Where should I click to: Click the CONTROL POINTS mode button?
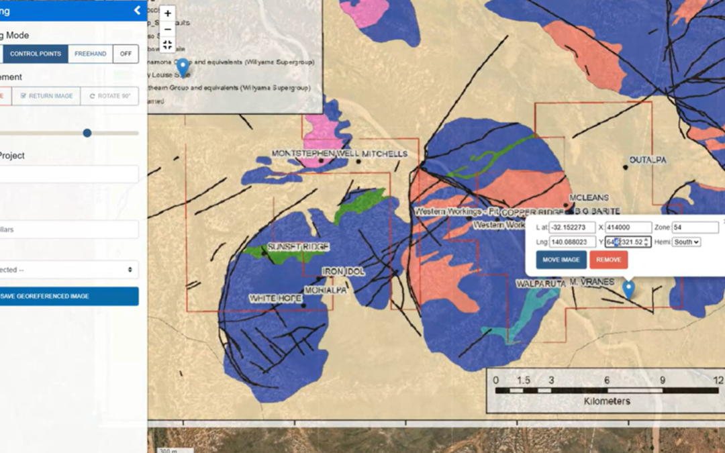click(x=35, y=54)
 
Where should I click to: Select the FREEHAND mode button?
click(x=90, y=54)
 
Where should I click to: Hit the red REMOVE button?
click(x=608, y=260)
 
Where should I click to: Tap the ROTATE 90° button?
click(x=109, y=96)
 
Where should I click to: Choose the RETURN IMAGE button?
click(x=46, y=96)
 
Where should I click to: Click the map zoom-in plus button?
click(x=168, y=13)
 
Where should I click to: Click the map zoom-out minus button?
click(x=168, y=29)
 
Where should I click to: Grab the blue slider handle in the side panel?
click(x=87, y=133)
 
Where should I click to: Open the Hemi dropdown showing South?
click(x=686, y=242)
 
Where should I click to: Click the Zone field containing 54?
click(x=695, y=228)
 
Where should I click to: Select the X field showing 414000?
click(x=628, y=228)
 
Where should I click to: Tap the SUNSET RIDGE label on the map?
click(x=299, y=247)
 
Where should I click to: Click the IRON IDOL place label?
click(x=343, y=271)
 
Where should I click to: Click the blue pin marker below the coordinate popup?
click(x=628, y=289)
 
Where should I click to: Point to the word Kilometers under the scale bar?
click(x=603, y=401)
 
